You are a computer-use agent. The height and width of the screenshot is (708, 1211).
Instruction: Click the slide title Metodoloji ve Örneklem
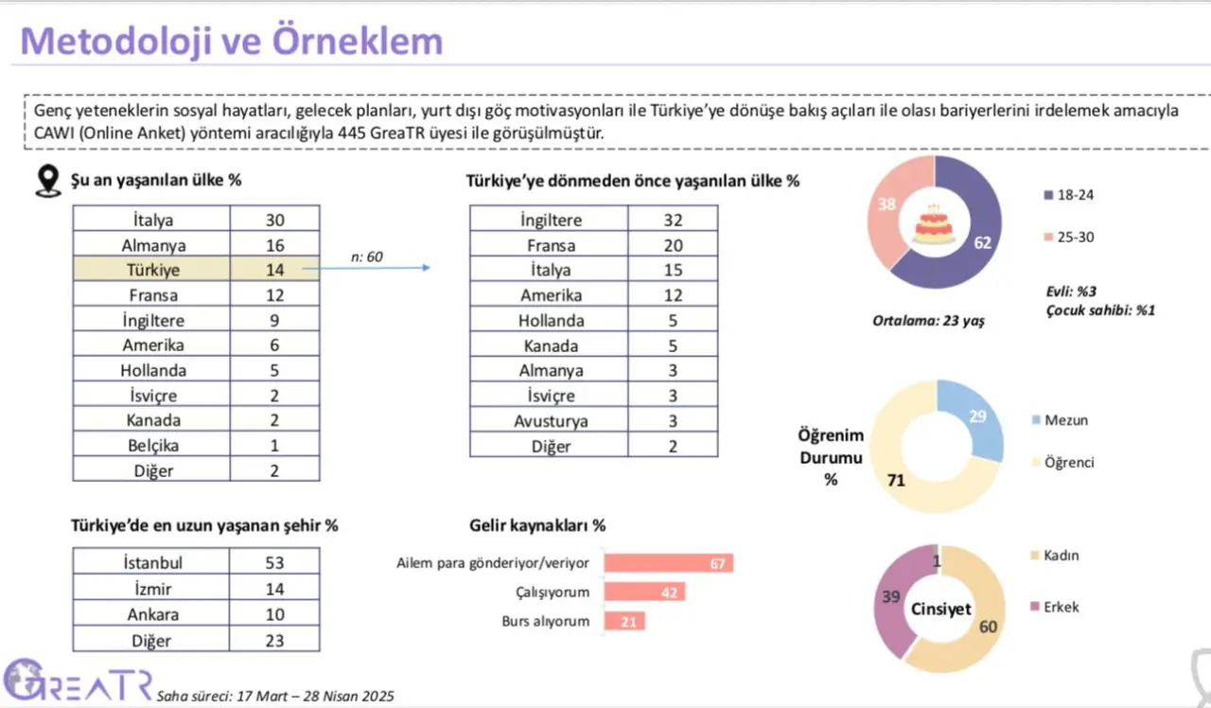click(x=232, y=41)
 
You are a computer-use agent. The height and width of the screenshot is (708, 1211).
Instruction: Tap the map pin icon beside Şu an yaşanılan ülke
click(x=46, y=181)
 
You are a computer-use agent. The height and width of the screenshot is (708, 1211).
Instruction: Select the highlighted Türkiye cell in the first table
click(x=152, y=270)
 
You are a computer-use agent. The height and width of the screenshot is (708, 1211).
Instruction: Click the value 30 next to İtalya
click(x=274, y=220)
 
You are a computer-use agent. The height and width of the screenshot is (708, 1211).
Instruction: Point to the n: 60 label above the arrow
click(x=365, y=257)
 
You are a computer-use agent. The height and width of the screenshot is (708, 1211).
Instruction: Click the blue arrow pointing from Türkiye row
click(x=369, y=269)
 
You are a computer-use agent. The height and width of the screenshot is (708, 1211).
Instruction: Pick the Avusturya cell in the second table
click(x=551, y=421)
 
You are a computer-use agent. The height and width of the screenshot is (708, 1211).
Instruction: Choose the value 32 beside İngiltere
click(x=673, y=220)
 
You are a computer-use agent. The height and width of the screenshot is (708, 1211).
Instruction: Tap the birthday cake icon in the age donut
click(x=934, y=224)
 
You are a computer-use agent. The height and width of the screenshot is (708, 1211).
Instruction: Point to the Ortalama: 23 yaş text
click(x=928, y=321)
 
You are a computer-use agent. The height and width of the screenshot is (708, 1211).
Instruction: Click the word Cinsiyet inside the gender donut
click(x=940, y=609)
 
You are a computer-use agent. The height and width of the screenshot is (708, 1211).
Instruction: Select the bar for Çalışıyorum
click(x=644, y=593)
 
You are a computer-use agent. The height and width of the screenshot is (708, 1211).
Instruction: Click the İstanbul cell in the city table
click(x=153, y=563)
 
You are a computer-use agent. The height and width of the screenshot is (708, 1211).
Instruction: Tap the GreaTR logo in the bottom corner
click(x=76, y=680)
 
